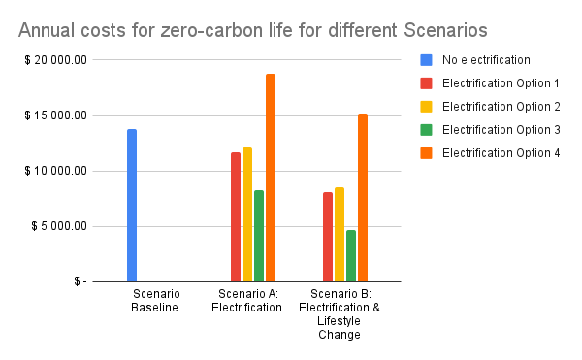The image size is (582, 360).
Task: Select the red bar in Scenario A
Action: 236,217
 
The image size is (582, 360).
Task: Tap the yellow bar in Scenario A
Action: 247,214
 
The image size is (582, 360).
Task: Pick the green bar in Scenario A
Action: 259,236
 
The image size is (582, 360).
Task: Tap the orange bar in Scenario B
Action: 363,198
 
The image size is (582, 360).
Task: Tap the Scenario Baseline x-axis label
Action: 155,301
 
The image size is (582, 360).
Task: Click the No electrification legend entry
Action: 482,59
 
